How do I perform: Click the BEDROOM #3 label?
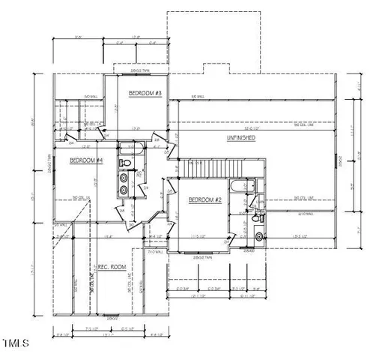coord(146,93)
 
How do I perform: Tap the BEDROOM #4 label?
coord(86,160)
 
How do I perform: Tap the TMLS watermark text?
coord(15,343)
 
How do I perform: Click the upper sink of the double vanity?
coord(124,178)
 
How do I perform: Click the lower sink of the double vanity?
coord(124,192)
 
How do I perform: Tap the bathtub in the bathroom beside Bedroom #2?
coord(243,187)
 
